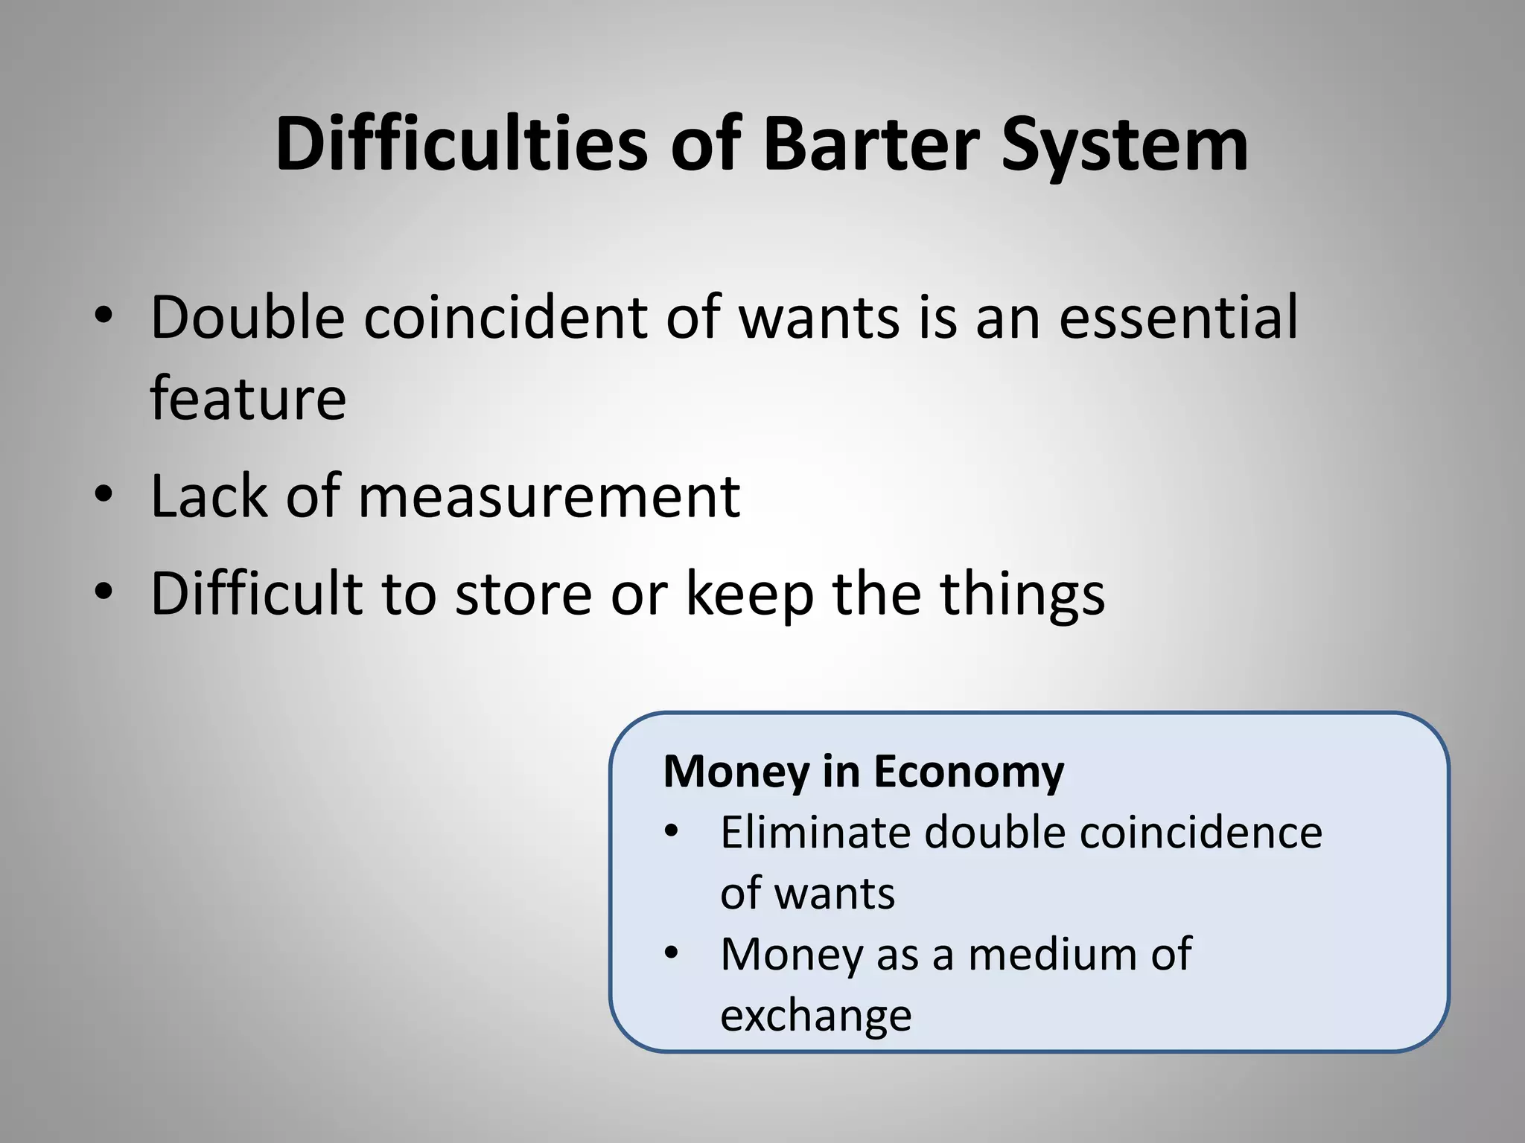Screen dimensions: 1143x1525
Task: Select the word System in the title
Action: (x=1124, y=145)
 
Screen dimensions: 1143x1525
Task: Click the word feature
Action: (x=248, y=398)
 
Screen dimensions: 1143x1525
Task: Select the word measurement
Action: (x=550, y=496)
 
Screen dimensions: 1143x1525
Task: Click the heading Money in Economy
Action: (x=864, y=772)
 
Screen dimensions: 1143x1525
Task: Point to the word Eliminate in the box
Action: (x=816, y=832)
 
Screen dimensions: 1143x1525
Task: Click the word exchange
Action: (x=816, y=1016)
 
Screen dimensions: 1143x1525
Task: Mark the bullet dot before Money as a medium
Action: (x=671, y=952)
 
